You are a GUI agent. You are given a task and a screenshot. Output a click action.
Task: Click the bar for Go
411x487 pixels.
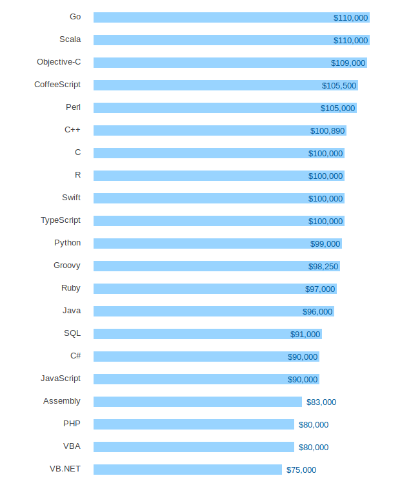(232, 17)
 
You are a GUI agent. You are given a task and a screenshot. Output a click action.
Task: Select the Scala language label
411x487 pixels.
(70, 39)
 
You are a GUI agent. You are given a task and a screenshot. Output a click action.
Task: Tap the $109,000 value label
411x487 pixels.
(348, 63)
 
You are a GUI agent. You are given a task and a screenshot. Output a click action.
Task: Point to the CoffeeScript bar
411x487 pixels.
(226, 85)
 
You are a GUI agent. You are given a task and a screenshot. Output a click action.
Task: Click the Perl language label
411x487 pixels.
(73, 107)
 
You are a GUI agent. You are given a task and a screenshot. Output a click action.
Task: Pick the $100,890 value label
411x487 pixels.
(328, 130)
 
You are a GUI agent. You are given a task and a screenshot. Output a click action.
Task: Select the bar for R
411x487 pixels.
(219, 176)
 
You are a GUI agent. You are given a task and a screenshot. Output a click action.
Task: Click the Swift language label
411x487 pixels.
(72, 198)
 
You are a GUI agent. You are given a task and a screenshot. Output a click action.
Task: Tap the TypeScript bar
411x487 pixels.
(219, 221)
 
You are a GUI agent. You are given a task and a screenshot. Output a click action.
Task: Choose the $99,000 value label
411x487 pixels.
(325, 243)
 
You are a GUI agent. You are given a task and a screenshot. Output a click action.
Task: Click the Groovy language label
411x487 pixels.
(67, 265)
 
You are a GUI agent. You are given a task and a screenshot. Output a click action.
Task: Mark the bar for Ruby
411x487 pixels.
(215, 289)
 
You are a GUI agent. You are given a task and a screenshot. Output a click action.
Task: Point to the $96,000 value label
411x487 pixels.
(317, 311)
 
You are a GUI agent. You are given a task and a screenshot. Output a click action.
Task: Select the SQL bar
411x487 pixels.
(208, 334)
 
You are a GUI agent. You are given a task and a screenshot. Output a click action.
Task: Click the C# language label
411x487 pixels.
(75, 356)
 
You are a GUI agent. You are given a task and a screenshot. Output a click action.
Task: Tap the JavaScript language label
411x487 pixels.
(61, 378)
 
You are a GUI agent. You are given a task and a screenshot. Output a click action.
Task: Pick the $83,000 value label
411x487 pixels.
(321, 402)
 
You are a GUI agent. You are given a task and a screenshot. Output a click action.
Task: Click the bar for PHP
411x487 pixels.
(194, 424)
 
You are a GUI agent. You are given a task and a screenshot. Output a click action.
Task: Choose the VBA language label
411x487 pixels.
(72, 446)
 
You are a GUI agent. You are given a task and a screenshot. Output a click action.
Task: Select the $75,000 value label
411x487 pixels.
(301, 470)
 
